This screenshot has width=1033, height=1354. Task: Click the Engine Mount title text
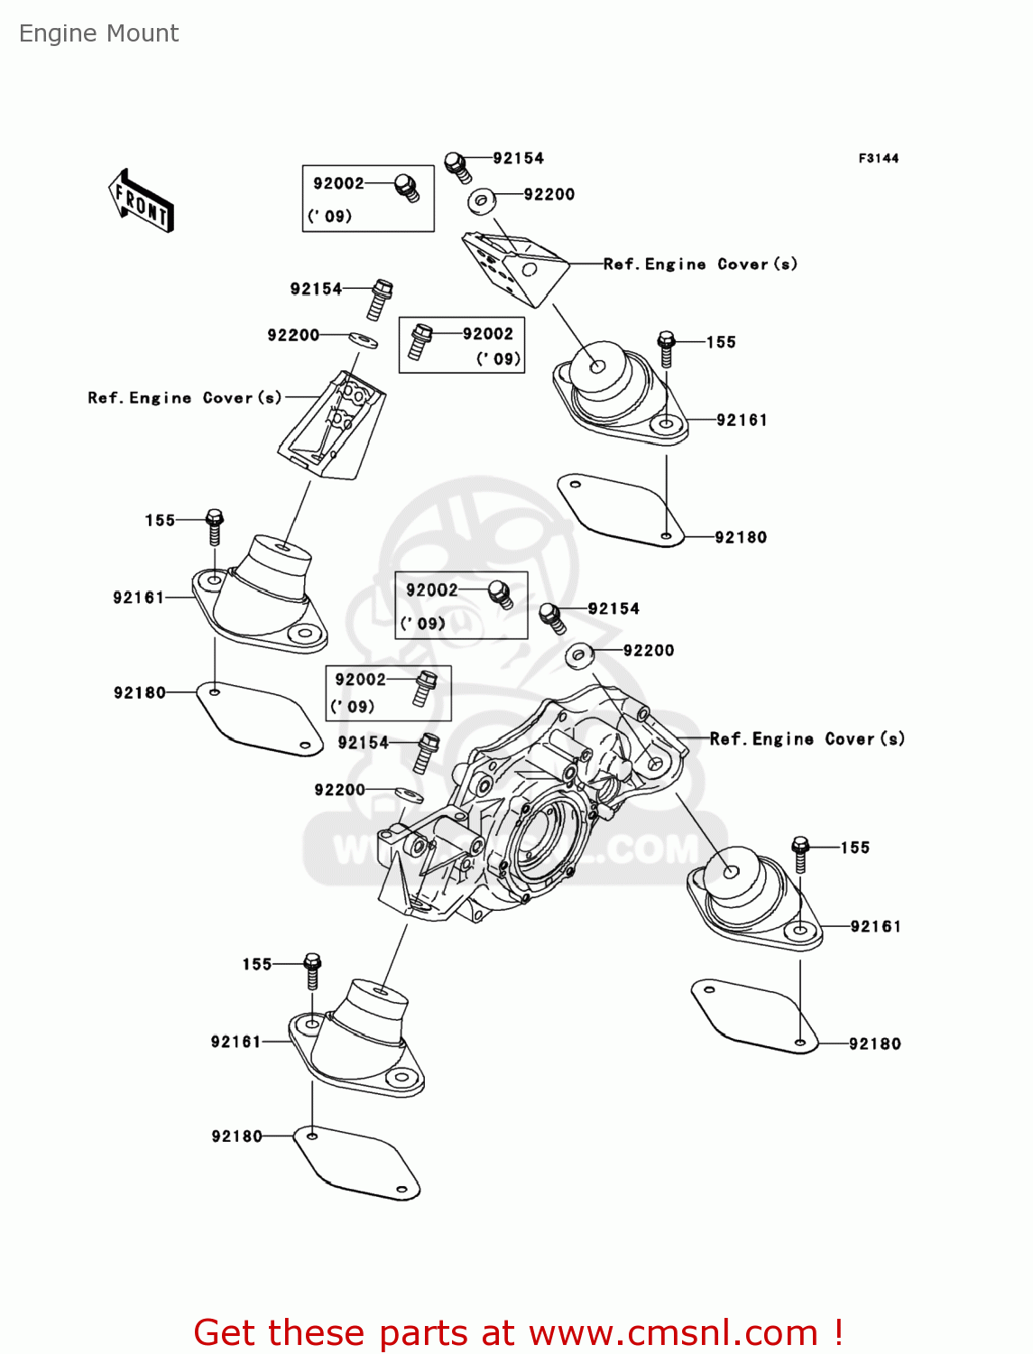pyautogui.click(x=98, y=33)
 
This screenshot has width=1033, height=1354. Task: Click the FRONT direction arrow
pyautogui.click(x=141, y=201)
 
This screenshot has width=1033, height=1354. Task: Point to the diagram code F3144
pyautogui.click(x=879, y=159)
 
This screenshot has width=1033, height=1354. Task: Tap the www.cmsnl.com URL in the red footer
pyautogui.click(x=673, y=1332)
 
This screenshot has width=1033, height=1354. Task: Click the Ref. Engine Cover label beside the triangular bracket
pyautogui.click(x=700, y=264)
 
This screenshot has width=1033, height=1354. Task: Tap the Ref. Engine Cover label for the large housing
pyautogui.click(x=807, y=738)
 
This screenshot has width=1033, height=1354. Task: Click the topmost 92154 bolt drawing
pyautogui.click(x=458, y=167)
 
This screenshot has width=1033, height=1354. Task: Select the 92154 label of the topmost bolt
pyautogui.click(x=519, y=159)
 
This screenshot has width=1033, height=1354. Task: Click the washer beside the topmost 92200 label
pyautogui.click(x=482, y=201)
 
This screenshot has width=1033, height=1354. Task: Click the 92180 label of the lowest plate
pyautogui.click(x=236, y=1136)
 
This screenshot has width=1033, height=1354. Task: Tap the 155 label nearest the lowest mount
pyautogui.click(x=257, y=964)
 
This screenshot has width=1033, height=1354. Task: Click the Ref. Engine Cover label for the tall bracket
pyautogui.click(x=185, y=398)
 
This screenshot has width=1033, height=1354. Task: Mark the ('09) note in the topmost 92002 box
pyautogui.click(x=329, y=216)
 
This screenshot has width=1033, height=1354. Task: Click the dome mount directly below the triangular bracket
pyautogui.click(x=621, y=392)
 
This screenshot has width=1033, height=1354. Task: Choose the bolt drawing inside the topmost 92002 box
pyautogui.click(x=407, y=188)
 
